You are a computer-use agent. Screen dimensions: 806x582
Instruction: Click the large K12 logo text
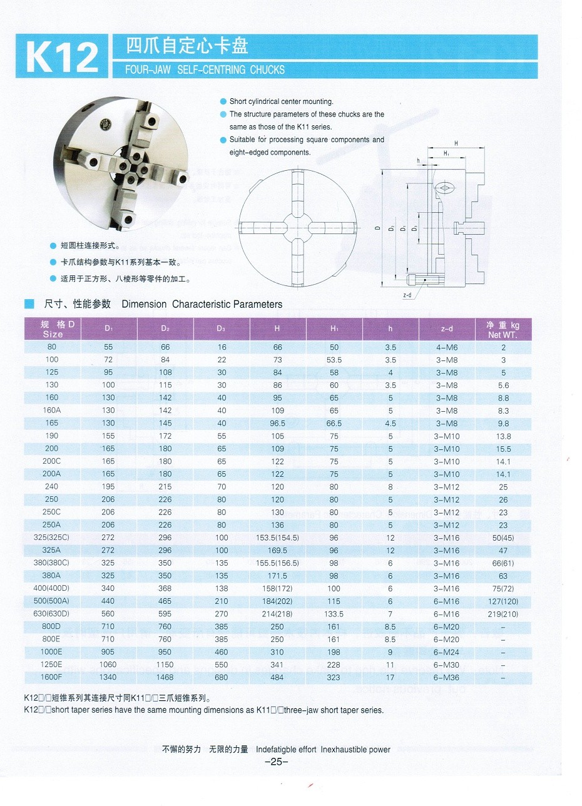click(62, 57)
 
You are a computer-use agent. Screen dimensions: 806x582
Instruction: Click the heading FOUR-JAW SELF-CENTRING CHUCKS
click(205, 69)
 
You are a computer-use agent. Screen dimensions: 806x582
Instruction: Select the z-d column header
click(447, 329)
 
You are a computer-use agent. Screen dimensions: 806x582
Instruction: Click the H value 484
click(278, 677)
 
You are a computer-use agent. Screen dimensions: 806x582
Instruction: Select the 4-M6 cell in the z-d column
click(447, 347)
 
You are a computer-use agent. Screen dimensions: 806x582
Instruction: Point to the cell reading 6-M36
click(447, 677)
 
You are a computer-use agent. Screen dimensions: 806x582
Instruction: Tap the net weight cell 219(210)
click(503, 614)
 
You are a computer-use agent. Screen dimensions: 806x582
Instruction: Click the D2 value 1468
click(165, 677)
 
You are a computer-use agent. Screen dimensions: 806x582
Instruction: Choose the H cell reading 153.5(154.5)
click(278, 538)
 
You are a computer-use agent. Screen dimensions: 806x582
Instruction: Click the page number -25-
click(275, 762)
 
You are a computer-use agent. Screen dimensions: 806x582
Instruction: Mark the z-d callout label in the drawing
click(407, 295)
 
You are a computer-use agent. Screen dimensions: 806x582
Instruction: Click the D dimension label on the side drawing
click(378, 230)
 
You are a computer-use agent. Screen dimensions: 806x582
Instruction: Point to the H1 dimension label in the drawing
click(446, 153)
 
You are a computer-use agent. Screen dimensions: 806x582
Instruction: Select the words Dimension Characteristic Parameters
click(202, 304)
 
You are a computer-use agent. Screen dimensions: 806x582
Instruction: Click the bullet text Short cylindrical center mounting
click(281, 101)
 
